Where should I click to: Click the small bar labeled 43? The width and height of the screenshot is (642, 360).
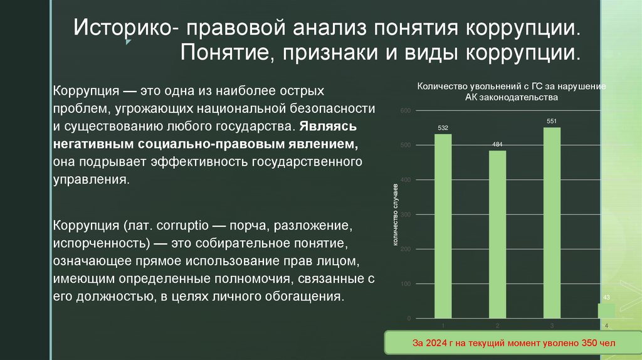606,310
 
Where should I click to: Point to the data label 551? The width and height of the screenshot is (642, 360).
552,120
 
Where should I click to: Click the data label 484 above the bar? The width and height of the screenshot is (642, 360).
497,144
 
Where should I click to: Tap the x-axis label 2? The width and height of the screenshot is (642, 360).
497,326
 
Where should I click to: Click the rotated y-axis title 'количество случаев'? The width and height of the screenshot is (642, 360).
396,214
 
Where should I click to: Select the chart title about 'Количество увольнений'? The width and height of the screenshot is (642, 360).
511,92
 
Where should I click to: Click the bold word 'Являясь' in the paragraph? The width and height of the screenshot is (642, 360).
327,126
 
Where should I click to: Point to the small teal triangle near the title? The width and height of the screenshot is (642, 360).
128,43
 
